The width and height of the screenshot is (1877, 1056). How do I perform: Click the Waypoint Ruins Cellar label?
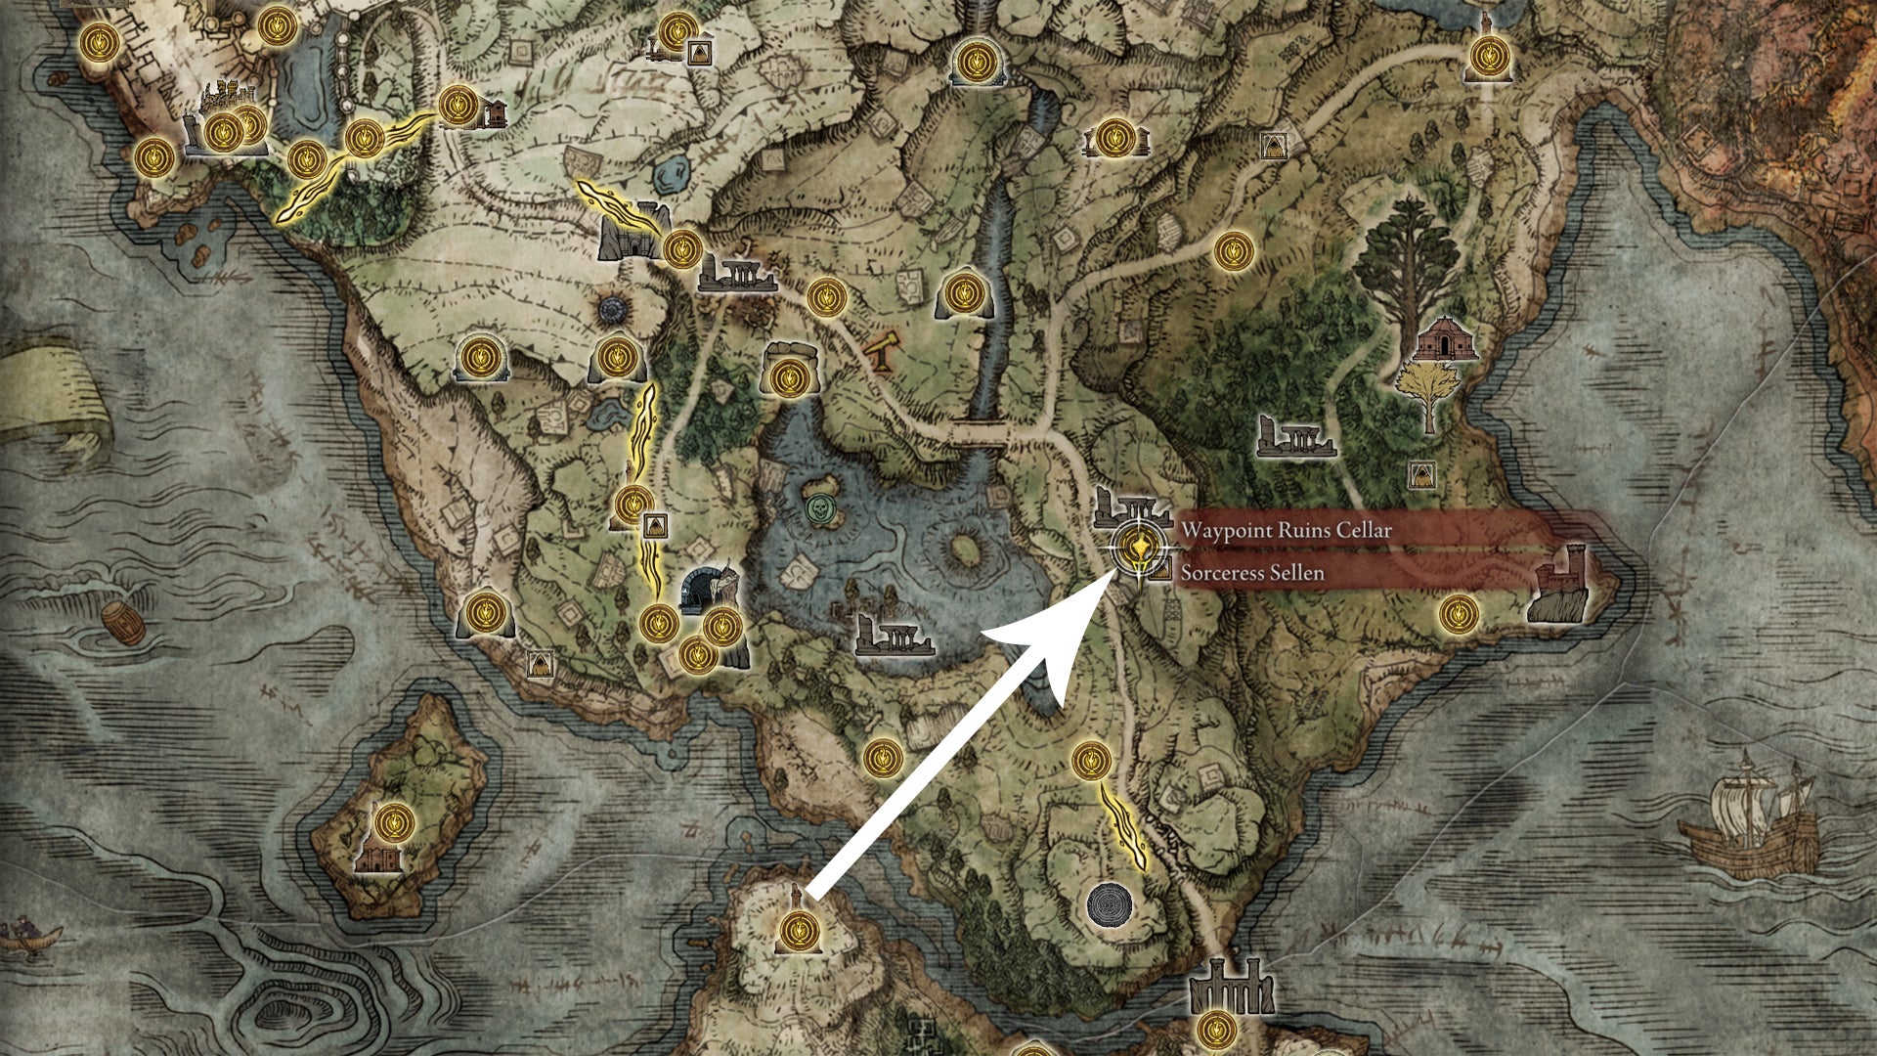[1286, 531]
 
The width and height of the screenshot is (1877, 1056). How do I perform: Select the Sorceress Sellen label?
[1252, 573]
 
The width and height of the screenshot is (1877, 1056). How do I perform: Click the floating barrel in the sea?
[124, 623]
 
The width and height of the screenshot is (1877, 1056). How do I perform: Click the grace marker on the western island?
[394, 822]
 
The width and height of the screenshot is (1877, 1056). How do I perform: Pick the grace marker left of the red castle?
[1459, 614]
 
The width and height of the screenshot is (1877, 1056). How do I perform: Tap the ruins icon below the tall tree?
[1296, 438]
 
